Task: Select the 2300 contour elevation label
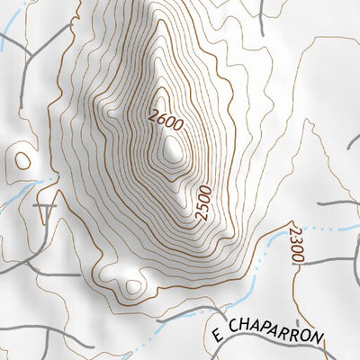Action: pos(296,244)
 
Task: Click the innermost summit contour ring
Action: pos(173,153)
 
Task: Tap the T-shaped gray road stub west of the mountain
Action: pos(43,210)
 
